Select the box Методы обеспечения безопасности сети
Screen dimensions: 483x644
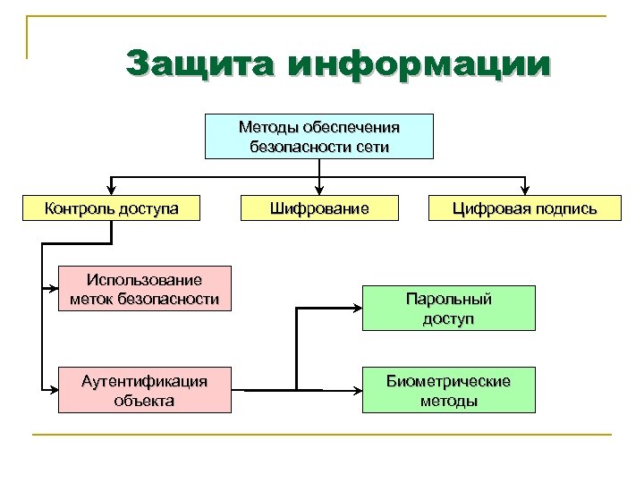point(319,137)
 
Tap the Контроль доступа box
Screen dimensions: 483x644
point(112,209)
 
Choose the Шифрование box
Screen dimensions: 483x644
point(320,209)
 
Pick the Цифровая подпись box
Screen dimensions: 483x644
point(523,209)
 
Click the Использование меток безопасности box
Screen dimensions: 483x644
point(144,289)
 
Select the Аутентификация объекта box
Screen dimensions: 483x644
point(144,390)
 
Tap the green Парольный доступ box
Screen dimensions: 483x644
point(448,309)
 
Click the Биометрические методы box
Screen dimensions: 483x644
point(448,390)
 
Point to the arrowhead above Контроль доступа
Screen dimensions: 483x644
point(111,189)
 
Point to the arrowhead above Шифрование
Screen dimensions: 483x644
point(319,189)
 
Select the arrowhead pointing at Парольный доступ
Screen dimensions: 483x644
point(355,309)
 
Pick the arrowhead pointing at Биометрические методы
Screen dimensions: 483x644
point(355,390)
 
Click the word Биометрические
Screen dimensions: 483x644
point(448,381)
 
